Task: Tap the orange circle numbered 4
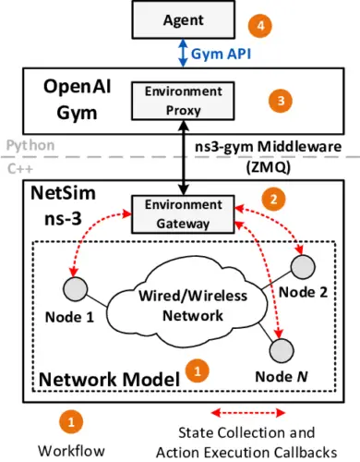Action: (x=267, y=24)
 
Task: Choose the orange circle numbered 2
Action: (x=270, y=198)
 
